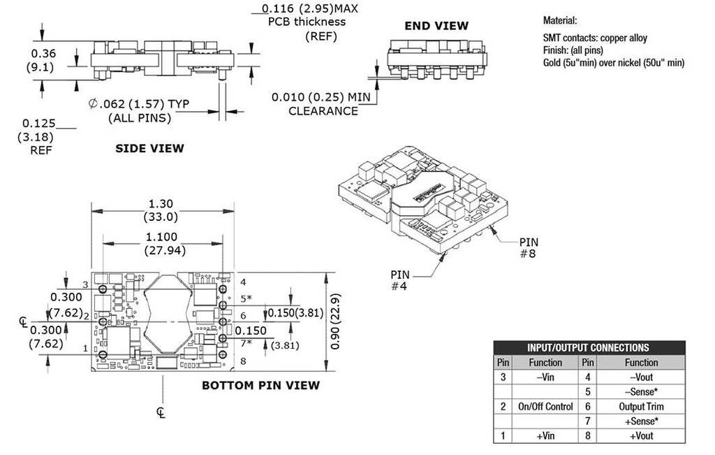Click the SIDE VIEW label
pos(149,148)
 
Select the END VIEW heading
pos(437,26)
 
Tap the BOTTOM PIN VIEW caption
pos(260,385)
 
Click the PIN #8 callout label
pos(529,248)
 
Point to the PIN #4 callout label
pos(402,281)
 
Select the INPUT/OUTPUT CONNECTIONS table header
pos(589,347)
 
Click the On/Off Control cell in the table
pos(545,407)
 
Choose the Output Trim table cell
pos(641,407)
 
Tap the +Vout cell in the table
pos(641,436)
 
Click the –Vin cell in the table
pos(545,377)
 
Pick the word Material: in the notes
pos(560,21)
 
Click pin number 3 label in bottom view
pos(85,284)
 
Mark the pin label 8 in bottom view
pos(243,361)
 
